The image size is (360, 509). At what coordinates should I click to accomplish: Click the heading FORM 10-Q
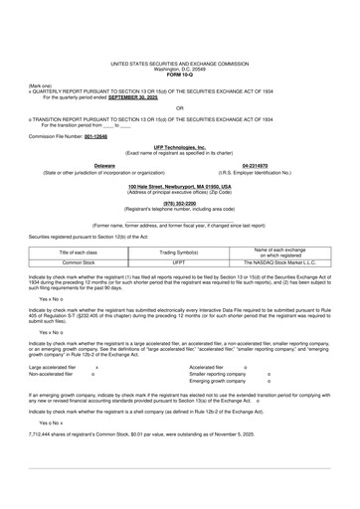click(x=180, y=76)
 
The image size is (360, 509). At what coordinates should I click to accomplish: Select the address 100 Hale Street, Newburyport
click(x=180, y=186)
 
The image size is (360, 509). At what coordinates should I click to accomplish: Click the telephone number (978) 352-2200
click(x=180, y=205)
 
